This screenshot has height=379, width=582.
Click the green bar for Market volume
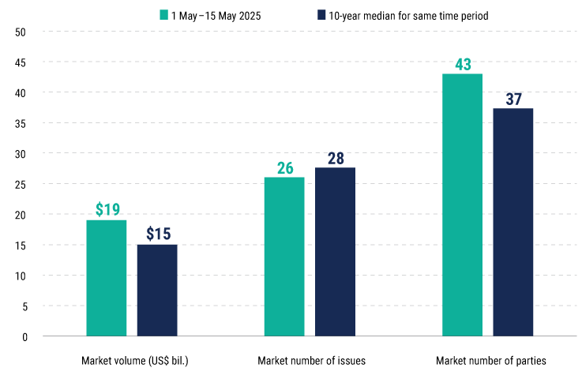click(x=107, y=278)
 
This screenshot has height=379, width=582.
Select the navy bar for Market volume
click(x=157, y=291)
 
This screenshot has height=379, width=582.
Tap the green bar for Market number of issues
click(x=284, y=257)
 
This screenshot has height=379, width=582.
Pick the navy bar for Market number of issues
click(x=335, y=252)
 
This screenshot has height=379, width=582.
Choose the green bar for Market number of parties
click(x=462, y=205)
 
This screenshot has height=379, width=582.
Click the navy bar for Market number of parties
click(x=513, y=222)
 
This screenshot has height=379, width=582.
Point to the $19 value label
click(x=107, y=209)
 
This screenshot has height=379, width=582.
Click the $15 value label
click(x=158, y=234)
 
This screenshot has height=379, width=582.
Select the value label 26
click(x=284, y=167)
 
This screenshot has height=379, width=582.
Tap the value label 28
click(x=336, y=158)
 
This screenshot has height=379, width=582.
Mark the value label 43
click(x=462, y=63)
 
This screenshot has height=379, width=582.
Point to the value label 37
click(x=513, y=99)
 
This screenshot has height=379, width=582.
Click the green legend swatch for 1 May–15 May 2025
click(x=164, y=14)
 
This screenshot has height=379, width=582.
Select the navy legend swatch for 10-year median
click(x=321, y=14)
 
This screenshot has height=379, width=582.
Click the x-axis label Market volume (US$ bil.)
click(x=134, y=361)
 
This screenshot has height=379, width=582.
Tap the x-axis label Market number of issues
click(x=311, y=361)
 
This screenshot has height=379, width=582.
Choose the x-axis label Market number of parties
click(x=490, y=361)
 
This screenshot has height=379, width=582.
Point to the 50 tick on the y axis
click(x=21, y=32)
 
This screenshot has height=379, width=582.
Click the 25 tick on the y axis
click(x=21, y=184)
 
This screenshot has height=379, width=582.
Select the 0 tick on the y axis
click(x=24, y=337)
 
